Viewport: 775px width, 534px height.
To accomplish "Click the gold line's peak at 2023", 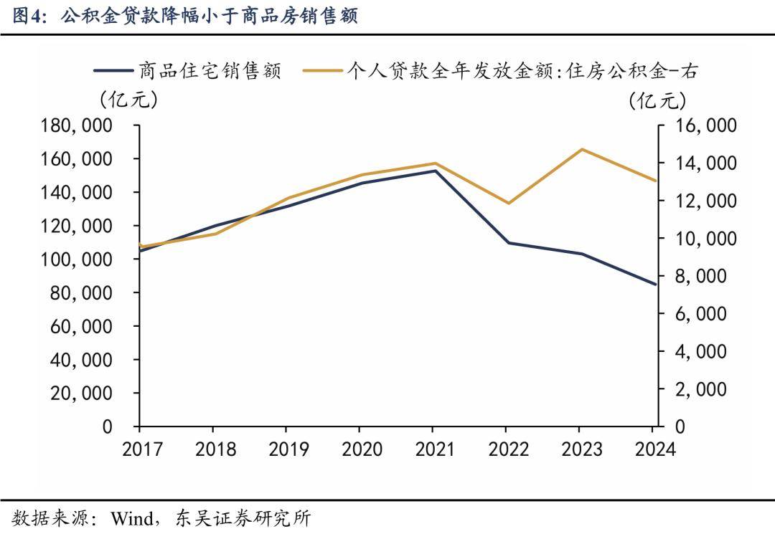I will tap(581, 149).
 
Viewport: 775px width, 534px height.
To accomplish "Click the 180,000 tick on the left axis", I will tap(78, 125).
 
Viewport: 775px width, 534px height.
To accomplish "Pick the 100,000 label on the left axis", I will tap(78, 259).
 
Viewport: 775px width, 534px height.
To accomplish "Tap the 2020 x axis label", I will tap(361, 449).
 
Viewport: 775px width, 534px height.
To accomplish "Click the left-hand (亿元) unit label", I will tap(128, 98).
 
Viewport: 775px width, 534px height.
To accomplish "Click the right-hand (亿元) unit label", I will tap(652, 100).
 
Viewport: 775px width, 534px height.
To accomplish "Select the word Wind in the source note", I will tap(131, 518).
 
